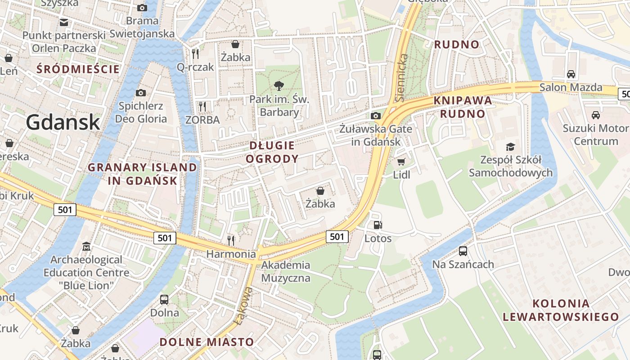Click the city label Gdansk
[x=63, y=122]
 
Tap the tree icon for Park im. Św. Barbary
[x=279, y=85]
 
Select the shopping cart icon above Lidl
[x=401, y=162]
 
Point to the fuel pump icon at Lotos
[x=378, y=225]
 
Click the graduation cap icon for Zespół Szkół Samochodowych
[x=510, y=147]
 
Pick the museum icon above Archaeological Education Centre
[x=86, y=247]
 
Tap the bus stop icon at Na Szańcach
[x=463, y=251]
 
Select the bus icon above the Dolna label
[x=164, y=299]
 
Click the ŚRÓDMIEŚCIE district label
[x=78, y=69]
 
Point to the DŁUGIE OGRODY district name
[x=272, y=152]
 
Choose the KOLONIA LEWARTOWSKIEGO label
[x=560, y=310]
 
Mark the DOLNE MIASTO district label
[x=207, y=342]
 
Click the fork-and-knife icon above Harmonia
[x=231, y=241]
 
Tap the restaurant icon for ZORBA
[x=202, y=107]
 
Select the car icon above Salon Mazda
[x=571, y=74]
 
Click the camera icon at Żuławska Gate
[x=376, y=116]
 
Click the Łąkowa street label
[x=243, y=306]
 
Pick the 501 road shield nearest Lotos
[x=337, y=237]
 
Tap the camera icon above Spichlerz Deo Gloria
[x=141, y=93]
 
